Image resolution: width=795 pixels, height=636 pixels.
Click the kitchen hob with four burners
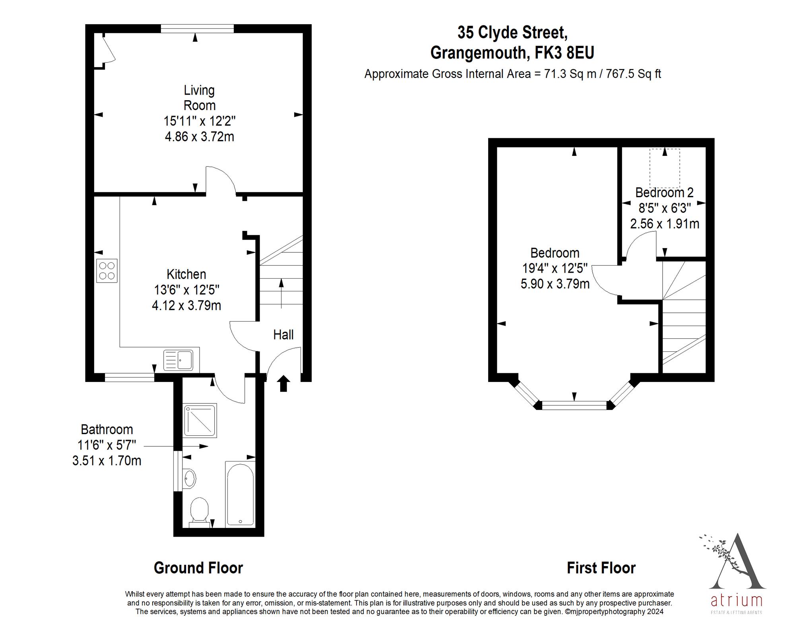point(107,271)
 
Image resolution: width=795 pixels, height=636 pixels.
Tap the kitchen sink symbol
point(178,360)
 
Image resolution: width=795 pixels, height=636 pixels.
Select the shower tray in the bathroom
point(200,421)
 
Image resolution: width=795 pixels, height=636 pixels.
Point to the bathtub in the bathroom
point(240,494)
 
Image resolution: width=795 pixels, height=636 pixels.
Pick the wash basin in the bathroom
point(190,479)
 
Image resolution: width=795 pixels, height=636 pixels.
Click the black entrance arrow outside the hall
point(283,384)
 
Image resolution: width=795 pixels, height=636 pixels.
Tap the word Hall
point(283,335)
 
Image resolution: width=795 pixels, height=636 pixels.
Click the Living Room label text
point(199,98)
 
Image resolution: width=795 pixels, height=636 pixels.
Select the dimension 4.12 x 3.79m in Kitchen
point(186,305)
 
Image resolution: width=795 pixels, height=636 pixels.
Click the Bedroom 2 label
point(664,193)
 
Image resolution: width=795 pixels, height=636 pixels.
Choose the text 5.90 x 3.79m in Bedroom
point(555,284)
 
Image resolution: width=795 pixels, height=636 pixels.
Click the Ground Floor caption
point(198,568)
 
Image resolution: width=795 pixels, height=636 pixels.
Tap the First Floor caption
point(601,568)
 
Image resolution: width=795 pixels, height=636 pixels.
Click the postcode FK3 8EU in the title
point(564,53)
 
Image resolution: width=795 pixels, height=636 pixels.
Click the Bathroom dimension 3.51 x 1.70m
point(107,461)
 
